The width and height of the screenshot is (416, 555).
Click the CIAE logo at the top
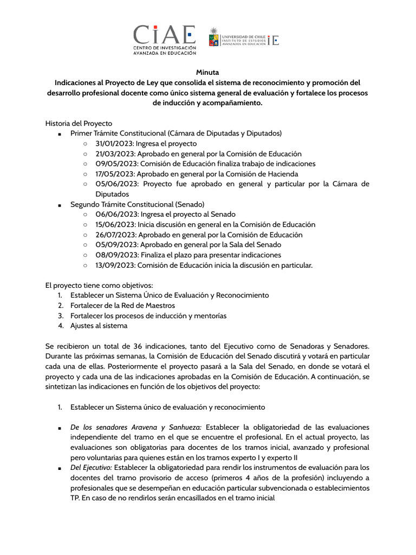click(165, 40)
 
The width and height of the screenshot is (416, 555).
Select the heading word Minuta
click(207, 72)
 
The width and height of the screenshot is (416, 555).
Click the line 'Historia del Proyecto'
click(79, 124)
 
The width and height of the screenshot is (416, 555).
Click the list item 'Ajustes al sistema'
click(99, 326)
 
